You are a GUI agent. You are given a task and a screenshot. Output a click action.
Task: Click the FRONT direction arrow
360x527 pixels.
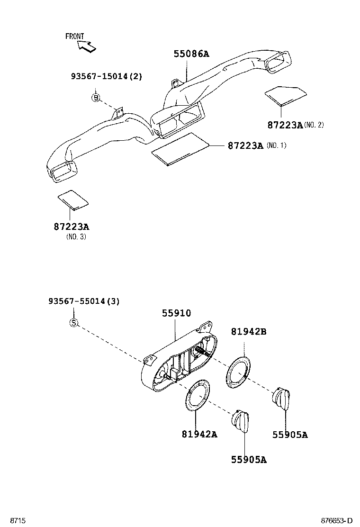click(x=87, y=46)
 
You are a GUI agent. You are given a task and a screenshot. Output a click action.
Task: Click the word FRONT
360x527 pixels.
click(x=74, y=36)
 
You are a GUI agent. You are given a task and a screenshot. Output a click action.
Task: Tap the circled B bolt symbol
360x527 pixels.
click(x=96, y=98)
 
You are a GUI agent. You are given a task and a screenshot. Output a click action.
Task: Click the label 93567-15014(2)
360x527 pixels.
click(x=106, y=76)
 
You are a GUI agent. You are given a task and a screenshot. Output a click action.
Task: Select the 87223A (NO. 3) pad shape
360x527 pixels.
click(x=73, y=200)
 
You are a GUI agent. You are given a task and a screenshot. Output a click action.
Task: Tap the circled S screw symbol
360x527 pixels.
click(x=73, y=323)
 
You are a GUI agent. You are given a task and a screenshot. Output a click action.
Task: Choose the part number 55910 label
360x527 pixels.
click(x=176, y=313)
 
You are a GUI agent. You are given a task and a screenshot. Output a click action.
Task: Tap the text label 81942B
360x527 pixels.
click(x=248, y=332)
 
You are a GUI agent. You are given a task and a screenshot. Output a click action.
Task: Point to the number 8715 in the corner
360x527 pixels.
click(x=18, y=520)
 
